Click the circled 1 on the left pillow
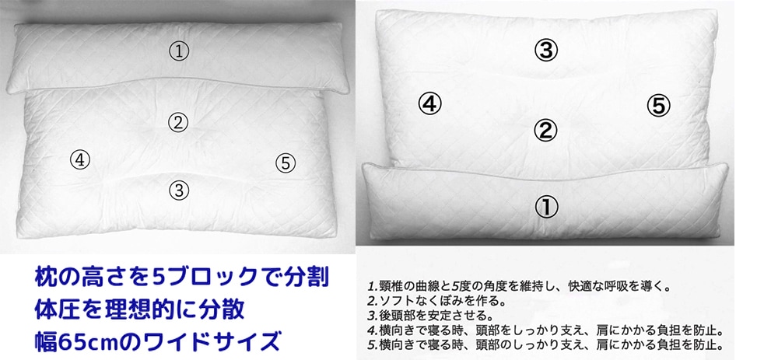pos(180,52)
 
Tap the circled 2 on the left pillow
pos(179,122)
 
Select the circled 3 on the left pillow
pos(179,189)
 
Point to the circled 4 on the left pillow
pos(80,160)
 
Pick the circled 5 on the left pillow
pos(286,163)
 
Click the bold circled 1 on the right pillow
pos(546,207)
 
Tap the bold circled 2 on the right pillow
pos(546,130)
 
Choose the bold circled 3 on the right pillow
pos(546,51)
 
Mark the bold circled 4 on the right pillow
pos(430,103)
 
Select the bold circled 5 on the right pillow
pos(658,106)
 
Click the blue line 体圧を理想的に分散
pos(141,309)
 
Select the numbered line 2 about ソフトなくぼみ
pos(436,300)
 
